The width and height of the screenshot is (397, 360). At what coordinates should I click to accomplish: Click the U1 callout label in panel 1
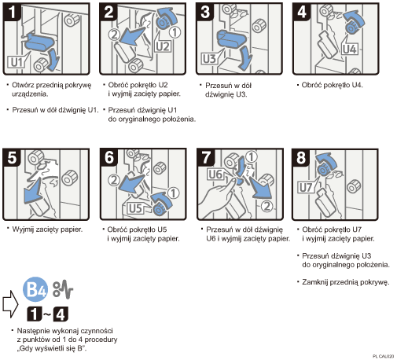[x=17, y=62]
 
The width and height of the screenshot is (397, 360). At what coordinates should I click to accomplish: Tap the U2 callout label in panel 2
[x=163, y=46]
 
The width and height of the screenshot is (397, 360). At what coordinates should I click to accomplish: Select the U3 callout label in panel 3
[x=210, y=59]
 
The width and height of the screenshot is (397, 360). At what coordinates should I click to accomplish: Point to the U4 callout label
[x=350, y=49]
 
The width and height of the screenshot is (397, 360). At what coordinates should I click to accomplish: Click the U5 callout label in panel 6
[x=136, y=208]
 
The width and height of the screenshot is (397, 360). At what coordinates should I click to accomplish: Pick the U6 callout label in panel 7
[x=215, y=174]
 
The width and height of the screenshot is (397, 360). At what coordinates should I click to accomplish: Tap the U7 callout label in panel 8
[x=306, y=187]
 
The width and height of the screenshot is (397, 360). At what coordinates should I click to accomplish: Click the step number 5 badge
[x=12, y=157]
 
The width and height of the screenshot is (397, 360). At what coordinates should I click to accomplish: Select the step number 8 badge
[x=301, y=157]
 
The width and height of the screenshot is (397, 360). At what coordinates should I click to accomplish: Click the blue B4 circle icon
[x=35, y=289]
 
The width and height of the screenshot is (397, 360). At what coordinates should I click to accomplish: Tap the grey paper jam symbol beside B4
[x=63, y=289]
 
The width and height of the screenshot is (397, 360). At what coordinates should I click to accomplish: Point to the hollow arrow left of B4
[x=10, y=304]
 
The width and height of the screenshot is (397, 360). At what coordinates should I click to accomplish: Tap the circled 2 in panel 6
[x=114, y=180]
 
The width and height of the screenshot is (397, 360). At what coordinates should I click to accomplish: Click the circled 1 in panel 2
[x=175, y=32]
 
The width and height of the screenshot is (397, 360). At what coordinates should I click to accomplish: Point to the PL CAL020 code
[x=383, y=356]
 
